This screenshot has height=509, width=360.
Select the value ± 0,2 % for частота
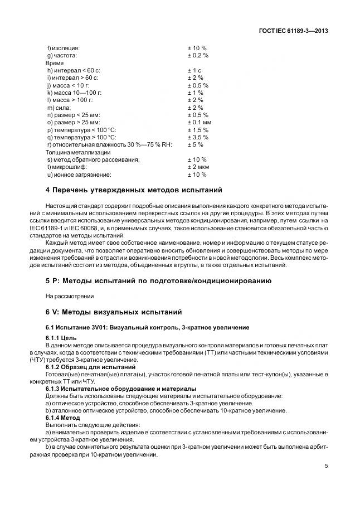click(198, 56)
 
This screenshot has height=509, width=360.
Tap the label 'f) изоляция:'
click(64, 49)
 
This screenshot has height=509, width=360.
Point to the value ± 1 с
click(194, 71)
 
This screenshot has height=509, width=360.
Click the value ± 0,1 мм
click(199, 122)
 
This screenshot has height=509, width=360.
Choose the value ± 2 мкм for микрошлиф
click(198, 167)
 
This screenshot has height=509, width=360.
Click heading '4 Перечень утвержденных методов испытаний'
click(134, 190)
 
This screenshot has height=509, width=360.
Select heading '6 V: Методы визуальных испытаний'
click(114, 311)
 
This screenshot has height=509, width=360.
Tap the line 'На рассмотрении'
click(70, 295)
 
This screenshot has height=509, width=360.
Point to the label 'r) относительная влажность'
click(109, 144)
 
